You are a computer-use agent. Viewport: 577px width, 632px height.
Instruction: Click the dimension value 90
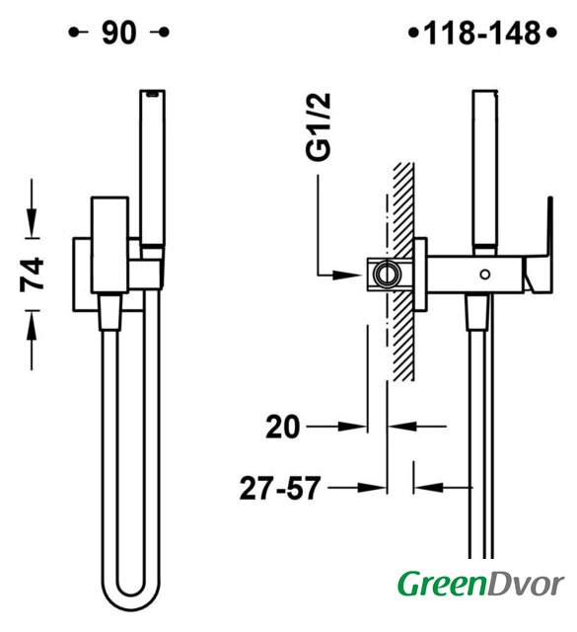tap(119, 33)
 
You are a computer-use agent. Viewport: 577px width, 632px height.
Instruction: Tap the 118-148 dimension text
tap(482, 33)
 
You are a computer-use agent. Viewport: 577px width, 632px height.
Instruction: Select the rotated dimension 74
tap(33, 275)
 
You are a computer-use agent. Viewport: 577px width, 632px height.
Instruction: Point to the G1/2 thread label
tap(319, 127)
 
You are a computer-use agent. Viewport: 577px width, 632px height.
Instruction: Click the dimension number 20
tap(283, 427)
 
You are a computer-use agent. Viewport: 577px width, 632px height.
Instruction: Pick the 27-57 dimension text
tap(280, 488)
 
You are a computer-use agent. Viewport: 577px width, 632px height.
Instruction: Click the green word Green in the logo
tap(442, 585)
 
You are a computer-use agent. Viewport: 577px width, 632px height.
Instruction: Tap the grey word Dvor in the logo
tap(525, 585)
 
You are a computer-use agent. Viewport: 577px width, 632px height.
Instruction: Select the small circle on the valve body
tap(485, 275)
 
